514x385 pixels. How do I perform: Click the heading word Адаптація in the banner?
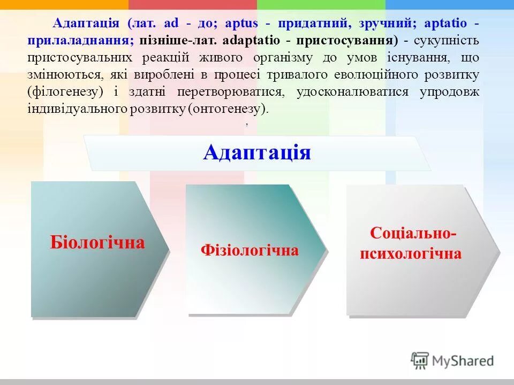[257, 152]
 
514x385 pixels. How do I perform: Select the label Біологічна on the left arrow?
[97, 243]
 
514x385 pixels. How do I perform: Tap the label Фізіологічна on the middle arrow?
[250, 250]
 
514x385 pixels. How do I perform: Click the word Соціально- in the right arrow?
[413, 234]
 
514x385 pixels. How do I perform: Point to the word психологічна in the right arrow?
[411, 253]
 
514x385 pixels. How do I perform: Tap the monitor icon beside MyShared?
[420, 360]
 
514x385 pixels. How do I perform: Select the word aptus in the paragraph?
[241, 24]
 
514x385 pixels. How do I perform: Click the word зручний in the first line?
[390, 24]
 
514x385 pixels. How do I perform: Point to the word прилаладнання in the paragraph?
[81, 41]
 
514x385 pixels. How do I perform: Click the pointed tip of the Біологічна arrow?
[169, 249]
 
